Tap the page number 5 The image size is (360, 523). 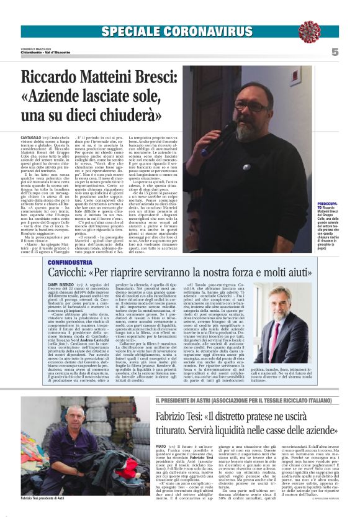[x=335, y=53]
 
